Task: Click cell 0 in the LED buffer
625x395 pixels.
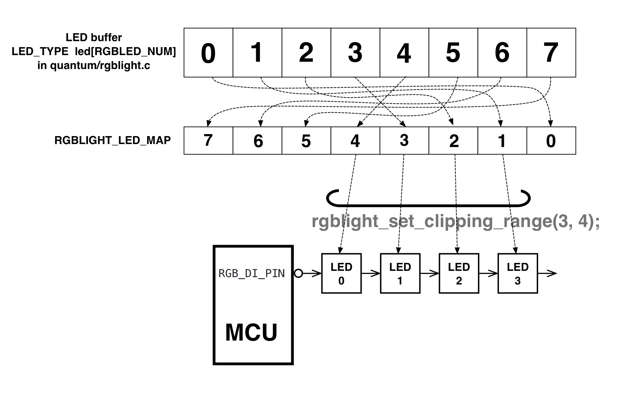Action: tap(208, 53)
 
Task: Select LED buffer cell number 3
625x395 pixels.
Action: tap(355, 53)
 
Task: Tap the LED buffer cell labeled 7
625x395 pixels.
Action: tap(551, 53)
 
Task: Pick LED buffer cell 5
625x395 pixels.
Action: tap(453, 53)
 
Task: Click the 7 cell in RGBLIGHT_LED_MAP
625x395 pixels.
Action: tap(208, 140)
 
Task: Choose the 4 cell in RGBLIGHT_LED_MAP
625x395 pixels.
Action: tap(355, 140)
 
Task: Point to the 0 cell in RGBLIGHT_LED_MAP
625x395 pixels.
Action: tap(551, 140)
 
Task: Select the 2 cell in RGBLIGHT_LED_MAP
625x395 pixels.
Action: tap(453, 140)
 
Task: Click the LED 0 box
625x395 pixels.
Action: tap(341, 274)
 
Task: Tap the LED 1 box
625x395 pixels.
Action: tap(400, 274)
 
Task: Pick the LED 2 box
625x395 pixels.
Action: tap(459, 274)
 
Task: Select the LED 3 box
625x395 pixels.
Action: tap(518, 274)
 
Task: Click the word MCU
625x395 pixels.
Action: tap(251, 332)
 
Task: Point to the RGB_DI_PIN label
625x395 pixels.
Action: tap(251, 274)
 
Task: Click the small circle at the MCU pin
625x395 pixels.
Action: tap(299, 274)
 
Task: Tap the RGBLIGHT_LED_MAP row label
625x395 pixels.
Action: tap(112, 140)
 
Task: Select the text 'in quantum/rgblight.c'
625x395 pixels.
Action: tap(94, 65)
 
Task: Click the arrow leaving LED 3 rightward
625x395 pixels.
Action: tap(547, 274)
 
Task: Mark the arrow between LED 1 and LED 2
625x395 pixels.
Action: tap(430, 274)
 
